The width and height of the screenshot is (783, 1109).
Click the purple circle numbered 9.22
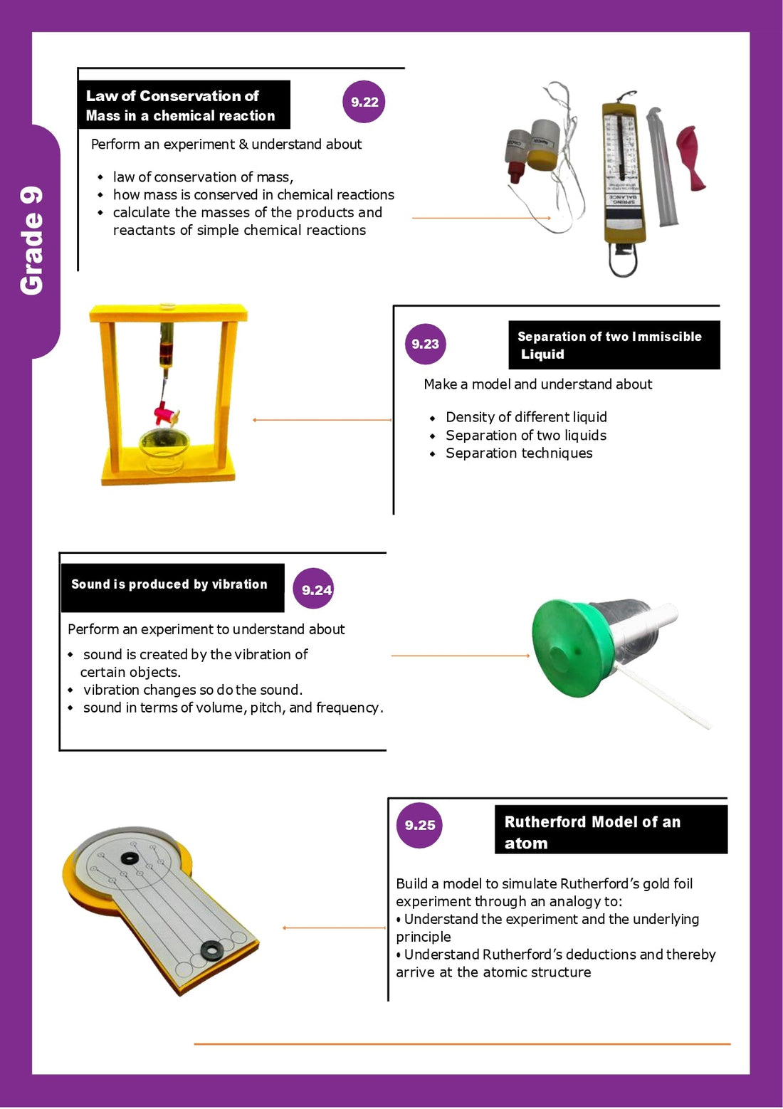click(364, 102)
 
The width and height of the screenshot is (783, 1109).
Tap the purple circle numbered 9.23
click(425, 344)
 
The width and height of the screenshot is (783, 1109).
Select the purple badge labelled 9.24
click(314, 589)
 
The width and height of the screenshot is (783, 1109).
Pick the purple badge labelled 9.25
click(419, 825)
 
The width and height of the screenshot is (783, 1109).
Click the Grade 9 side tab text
click(32, 241)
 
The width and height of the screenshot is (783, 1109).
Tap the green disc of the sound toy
click(565, 648)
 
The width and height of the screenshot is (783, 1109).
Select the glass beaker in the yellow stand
click(164, 450)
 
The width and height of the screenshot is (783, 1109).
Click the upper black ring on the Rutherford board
click(130, 858)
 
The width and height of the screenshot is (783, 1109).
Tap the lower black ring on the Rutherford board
click(211, 949)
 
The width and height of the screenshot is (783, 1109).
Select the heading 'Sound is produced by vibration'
click(169, 584)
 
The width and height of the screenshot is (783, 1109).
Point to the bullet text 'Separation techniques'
click(519, 453)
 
